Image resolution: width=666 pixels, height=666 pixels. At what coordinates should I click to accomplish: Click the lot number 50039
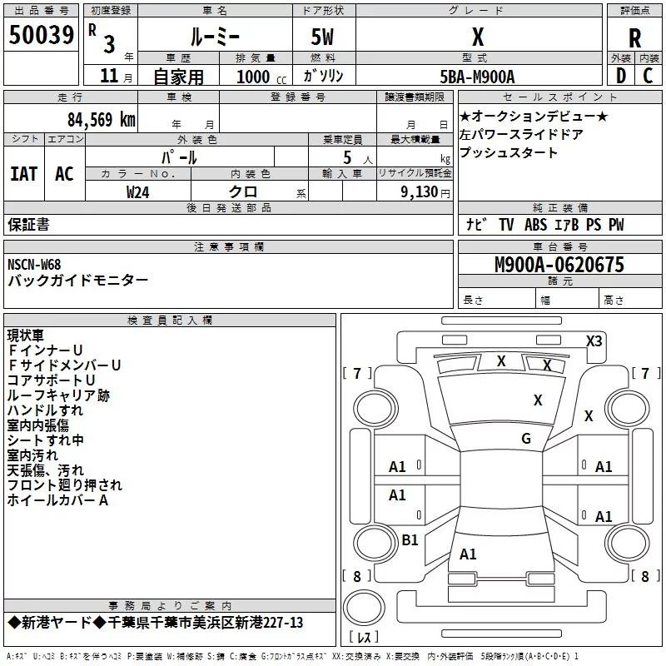pos(42,35)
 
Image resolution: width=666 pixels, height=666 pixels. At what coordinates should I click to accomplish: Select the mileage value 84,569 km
pos(102,120)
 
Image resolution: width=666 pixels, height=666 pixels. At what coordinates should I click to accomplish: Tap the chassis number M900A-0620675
pos(559,265)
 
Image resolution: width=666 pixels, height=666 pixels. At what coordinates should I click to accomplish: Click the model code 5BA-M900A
pos(477,77)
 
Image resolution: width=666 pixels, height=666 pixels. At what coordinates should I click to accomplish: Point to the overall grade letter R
pos(634,38)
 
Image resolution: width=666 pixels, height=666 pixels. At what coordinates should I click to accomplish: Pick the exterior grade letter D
pos(621,76)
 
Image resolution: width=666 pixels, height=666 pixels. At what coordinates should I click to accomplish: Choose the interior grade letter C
pos(648,76)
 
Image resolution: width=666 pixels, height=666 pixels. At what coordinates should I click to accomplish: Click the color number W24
pos(138,192)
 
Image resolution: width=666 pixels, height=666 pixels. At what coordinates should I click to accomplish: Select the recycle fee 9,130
pos(420,192)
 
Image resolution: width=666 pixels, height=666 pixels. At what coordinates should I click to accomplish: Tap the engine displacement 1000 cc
pos(261,77)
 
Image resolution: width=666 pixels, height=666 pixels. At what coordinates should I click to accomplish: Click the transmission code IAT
pos(24,174)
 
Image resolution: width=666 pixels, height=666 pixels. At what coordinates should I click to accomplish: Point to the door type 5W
pos(322,37)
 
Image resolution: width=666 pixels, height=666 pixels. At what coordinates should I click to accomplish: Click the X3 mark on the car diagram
pos(594,341)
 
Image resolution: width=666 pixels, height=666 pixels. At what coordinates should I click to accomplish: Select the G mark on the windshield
pos(526,439)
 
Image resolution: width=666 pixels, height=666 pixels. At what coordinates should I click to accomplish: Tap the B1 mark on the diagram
pos(410,540)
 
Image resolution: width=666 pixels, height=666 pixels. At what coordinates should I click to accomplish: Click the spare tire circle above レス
pos(364,608)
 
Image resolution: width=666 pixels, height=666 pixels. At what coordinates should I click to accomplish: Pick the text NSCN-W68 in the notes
pos(34,265)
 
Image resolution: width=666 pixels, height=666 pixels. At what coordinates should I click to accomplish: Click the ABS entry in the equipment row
pos(535,225)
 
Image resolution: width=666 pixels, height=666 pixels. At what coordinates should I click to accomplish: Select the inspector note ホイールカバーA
pos(57,500)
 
